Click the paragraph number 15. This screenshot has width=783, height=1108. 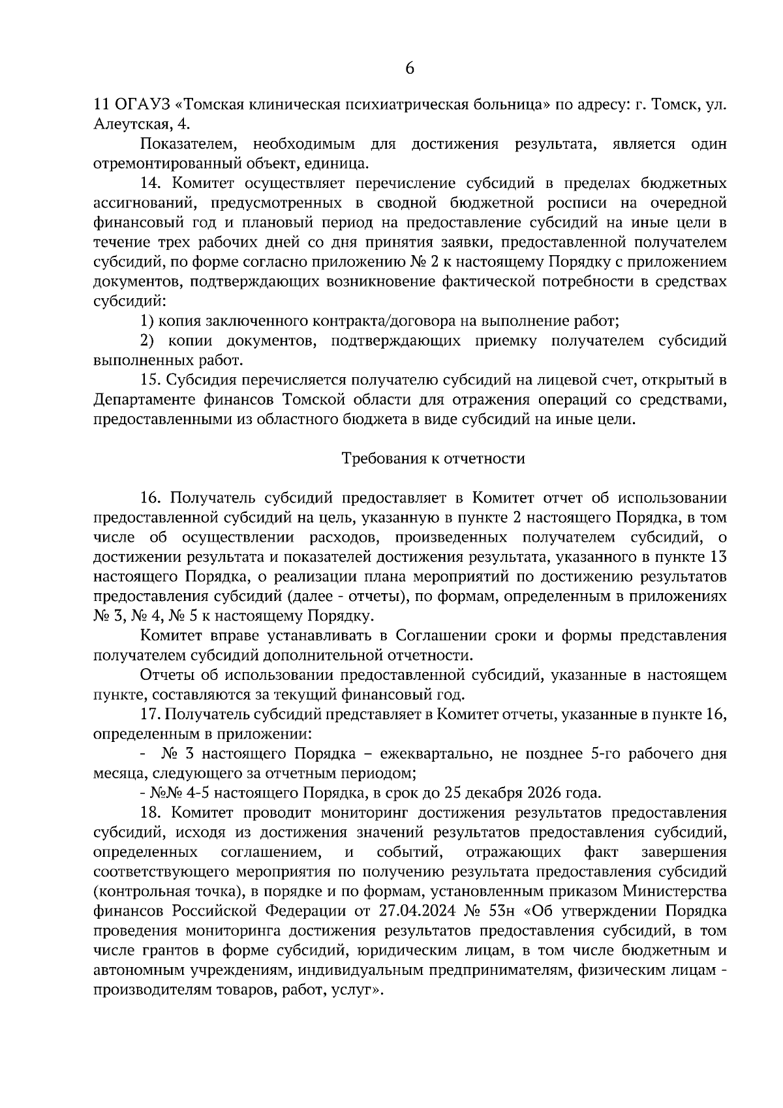151,380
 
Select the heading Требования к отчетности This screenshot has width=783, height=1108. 433,459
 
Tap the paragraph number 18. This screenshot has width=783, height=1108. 151,813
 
